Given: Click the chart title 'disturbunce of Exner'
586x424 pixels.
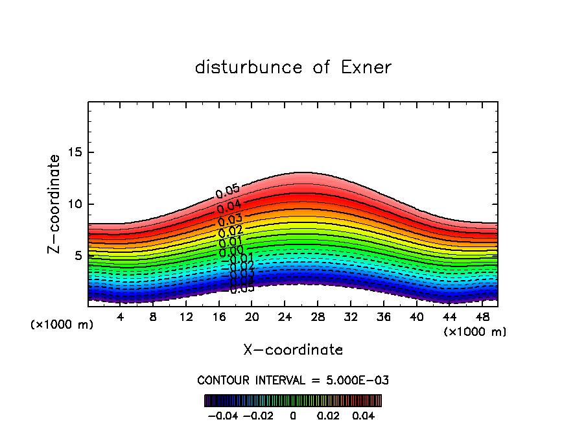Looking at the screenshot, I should click(x=293, y=67).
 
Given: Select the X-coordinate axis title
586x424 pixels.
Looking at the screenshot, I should click(x=293, y=350).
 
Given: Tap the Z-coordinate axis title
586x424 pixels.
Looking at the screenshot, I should click(x=54, y=204).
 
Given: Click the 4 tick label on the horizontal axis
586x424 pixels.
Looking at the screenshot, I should click(x=121, y=318).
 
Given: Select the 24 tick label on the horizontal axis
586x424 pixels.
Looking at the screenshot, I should click(x=285, y=318).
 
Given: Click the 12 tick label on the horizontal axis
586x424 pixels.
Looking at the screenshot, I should click(x=186, y=318).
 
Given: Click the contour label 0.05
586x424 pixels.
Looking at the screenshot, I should click(x=228, y=191).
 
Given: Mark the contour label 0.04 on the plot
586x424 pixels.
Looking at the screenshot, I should click(x=229, y=207).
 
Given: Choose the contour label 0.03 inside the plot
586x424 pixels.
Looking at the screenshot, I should click(x=229, y=220).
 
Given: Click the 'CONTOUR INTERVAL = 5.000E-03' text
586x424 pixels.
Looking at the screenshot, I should click(x=293, y=380).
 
